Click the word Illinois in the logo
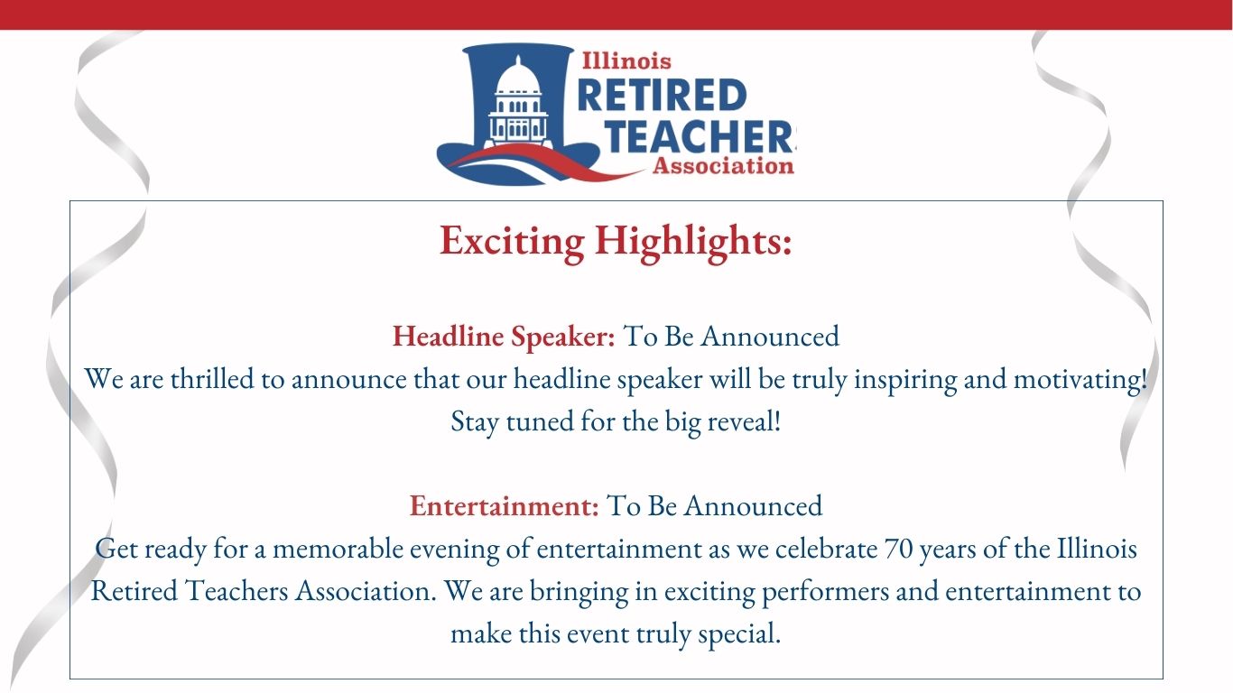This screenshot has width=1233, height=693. click(x=626, y=60)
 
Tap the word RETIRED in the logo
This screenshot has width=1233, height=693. click(x=663, y=96)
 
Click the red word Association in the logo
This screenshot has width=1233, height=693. click(x=723, y=165)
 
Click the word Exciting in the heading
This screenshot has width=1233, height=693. click(x=512, y=242)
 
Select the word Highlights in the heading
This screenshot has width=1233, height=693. click(x=693, y=242)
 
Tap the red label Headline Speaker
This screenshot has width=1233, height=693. click(x=504, y=337)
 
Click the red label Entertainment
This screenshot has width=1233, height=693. click(x=505, y=506)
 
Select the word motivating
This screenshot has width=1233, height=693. click(x=1080, y=380)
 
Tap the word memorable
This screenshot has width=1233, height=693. click(x=338, y=549)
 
